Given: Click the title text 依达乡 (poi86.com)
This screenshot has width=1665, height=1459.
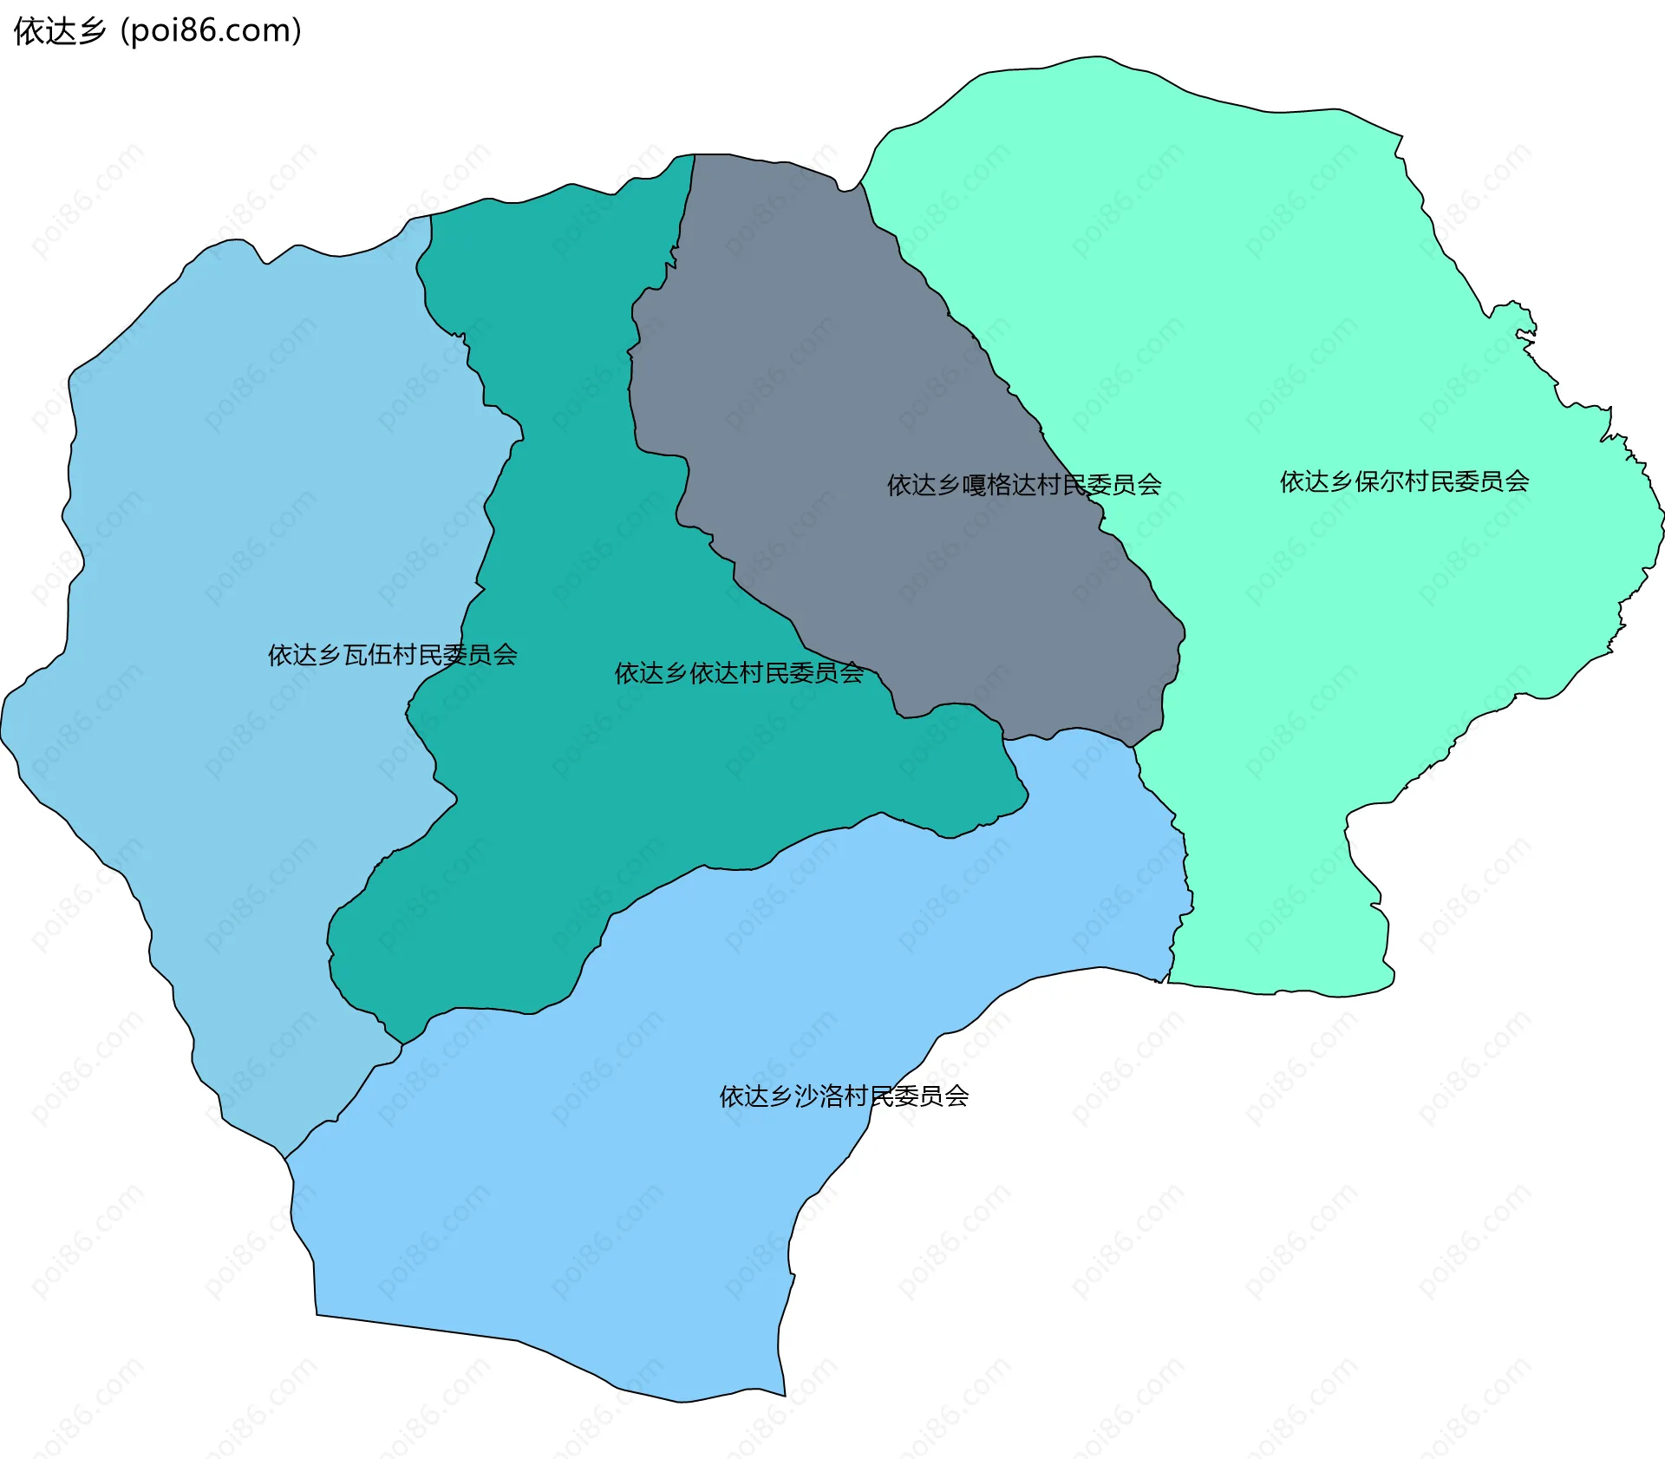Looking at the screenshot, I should pos(158,31).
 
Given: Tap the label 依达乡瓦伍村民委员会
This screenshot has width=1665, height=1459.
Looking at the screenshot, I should pos(392,655).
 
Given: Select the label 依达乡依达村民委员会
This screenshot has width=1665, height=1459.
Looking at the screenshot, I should pos(739,673).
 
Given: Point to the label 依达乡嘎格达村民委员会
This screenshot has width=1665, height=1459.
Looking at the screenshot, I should pos(1023,485).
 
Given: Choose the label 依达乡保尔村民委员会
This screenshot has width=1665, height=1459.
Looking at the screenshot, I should pos(1404,481).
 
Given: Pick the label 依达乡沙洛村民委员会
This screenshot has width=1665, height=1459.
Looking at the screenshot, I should pos(844,1096).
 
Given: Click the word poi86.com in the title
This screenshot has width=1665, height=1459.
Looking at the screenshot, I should pos(211,31).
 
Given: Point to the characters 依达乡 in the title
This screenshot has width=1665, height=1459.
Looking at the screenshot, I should pos(59,31).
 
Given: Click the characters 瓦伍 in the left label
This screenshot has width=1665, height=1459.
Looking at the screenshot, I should pos(368,655).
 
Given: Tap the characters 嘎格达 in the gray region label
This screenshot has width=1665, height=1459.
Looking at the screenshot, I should pos(998,485).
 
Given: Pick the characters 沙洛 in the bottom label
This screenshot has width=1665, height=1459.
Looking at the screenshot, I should pos(819,1096).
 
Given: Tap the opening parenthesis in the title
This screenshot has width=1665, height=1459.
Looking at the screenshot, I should pos(125,31).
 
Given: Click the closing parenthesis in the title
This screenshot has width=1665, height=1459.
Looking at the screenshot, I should pos(297,31).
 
